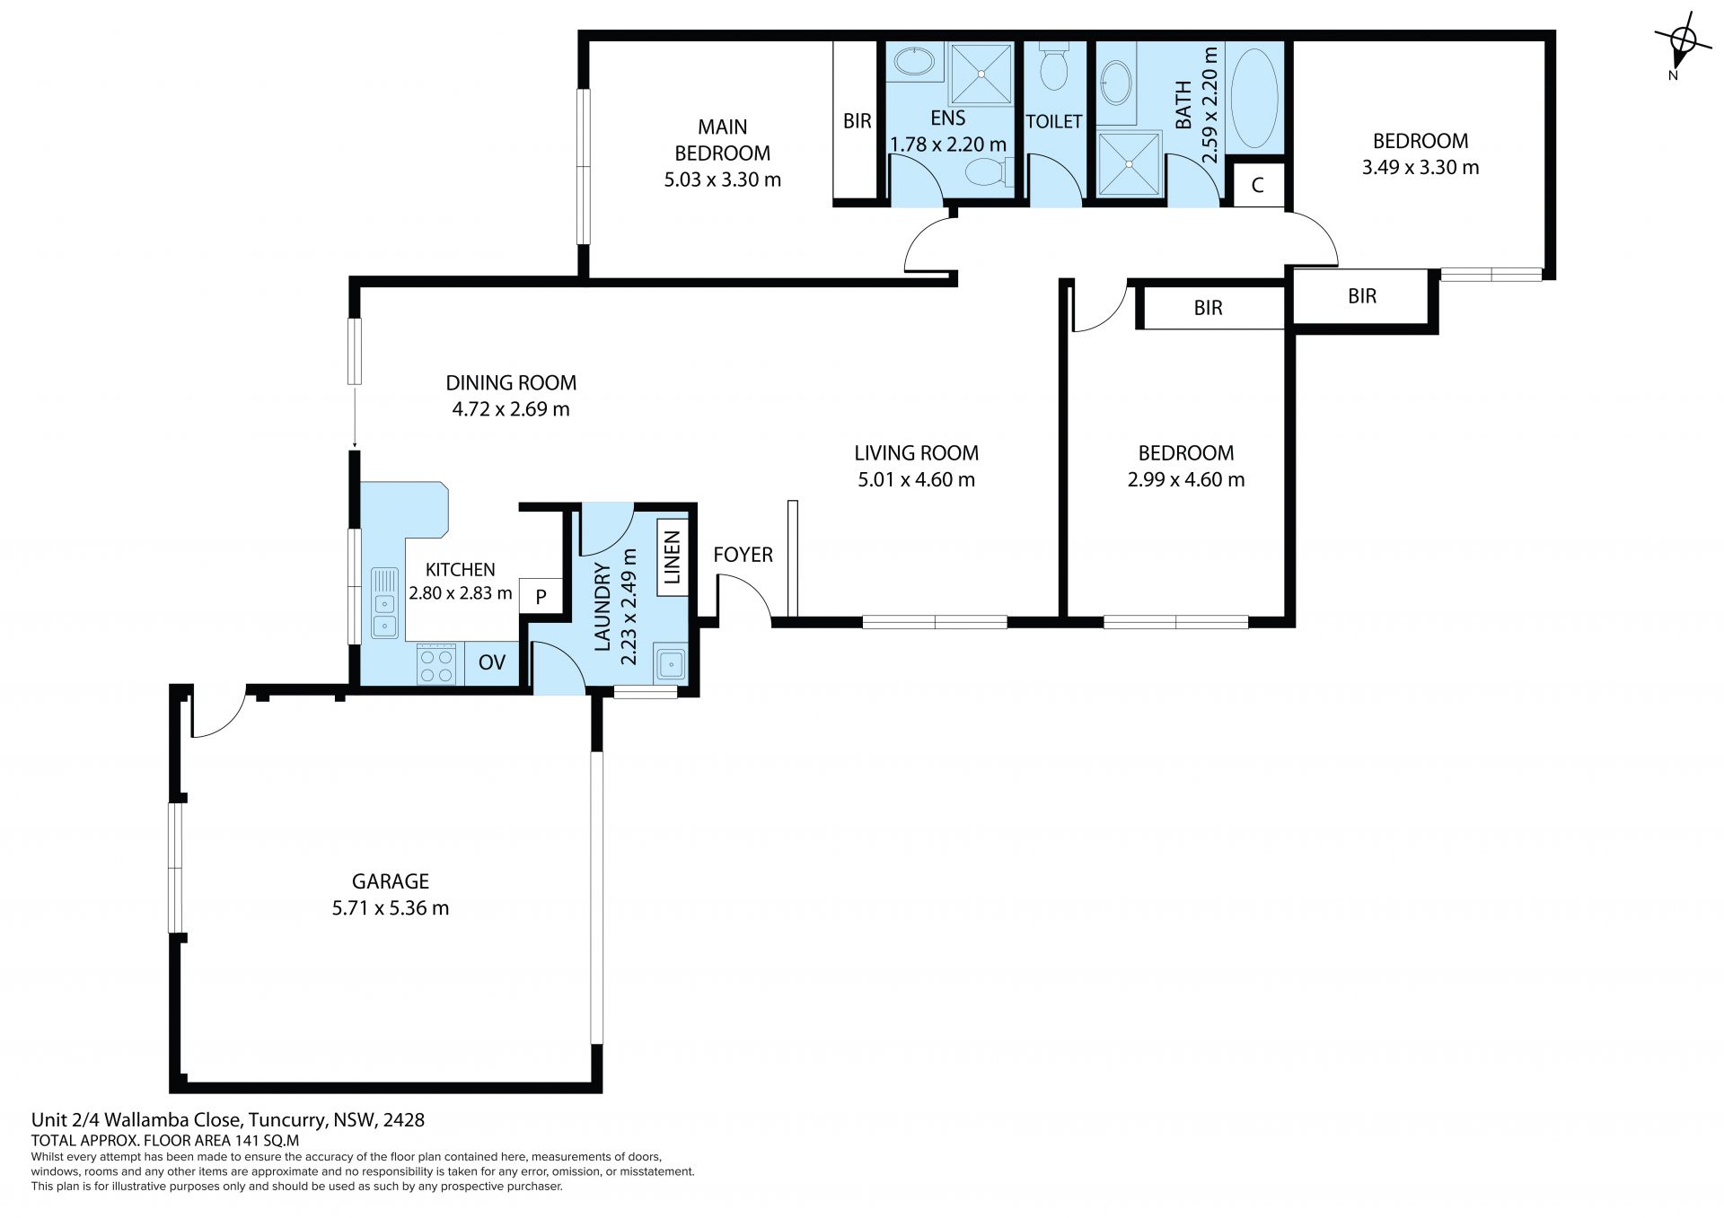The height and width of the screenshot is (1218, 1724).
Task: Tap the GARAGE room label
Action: coord(390,881)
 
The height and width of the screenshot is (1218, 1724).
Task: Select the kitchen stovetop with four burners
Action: coord(436,665)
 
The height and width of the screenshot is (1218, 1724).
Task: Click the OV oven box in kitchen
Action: coord(492,664)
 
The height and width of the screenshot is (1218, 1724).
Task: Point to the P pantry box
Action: coord(541,596)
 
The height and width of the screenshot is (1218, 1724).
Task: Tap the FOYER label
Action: coord(743,555)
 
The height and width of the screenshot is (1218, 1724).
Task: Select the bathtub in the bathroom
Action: coord(1253,99)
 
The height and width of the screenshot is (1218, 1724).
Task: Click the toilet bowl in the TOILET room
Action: coord(1053,67)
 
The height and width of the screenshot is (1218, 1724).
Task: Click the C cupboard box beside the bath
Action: coord(1257,186)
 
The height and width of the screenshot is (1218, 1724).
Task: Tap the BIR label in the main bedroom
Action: coord(857,120)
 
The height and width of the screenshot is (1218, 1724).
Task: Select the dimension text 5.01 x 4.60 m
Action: coord(916,479)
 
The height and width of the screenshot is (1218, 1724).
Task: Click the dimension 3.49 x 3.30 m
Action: coord(1421,167)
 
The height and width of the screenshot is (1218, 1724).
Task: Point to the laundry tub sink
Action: coord(670,664)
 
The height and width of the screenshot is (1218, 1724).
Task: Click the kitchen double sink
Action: coord(385,602)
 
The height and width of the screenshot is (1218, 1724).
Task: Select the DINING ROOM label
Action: coord(511,383)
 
